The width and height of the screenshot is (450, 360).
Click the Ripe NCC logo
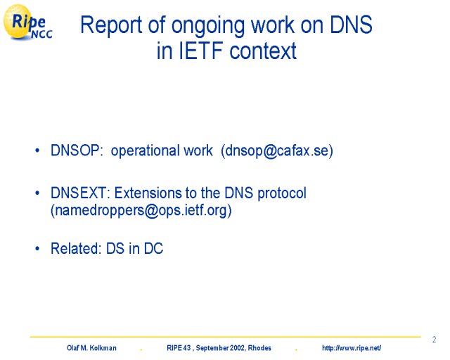27,22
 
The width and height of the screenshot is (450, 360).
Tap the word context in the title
263,51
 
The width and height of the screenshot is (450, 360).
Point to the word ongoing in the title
209,27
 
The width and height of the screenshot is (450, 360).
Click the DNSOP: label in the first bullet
77,150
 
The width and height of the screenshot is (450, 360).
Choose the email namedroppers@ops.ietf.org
141,210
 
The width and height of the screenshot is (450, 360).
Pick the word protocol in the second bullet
282,193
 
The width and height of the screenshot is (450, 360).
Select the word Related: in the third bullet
76,248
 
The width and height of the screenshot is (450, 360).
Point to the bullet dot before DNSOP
37,150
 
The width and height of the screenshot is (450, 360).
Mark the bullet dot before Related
37,249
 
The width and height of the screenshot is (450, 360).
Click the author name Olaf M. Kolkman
91,348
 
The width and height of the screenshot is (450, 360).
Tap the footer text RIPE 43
179,348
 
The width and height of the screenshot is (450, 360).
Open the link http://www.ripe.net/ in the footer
352,348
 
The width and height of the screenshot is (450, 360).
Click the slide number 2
435,340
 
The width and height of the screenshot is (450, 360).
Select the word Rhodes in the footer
259,348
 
